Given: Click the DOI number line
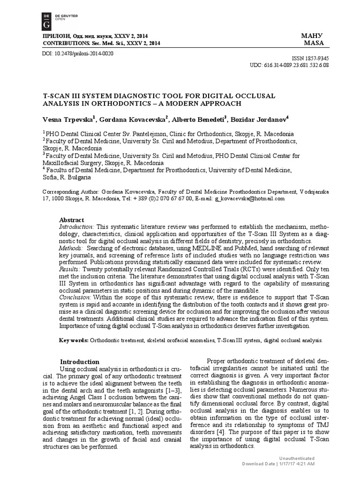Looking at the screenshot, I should click(x=78, y=53).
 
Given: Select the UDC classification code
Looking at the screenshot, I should click(x=295, y=65).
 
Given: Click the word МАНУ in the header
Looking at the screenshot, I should click(x=314, y=36).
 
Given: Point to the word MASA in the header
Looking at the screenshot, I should click(x=314, y=43).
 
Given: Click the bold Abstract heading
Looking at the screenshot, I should click(x=71, y=220).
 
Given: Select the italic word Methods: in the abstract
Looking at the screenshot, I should click(x=71, y=247).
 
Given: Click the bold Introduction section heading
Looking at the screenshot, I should click(x=80, y=362).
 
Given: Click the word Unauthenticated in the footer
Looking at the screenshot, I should click(x=296, y=458).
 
